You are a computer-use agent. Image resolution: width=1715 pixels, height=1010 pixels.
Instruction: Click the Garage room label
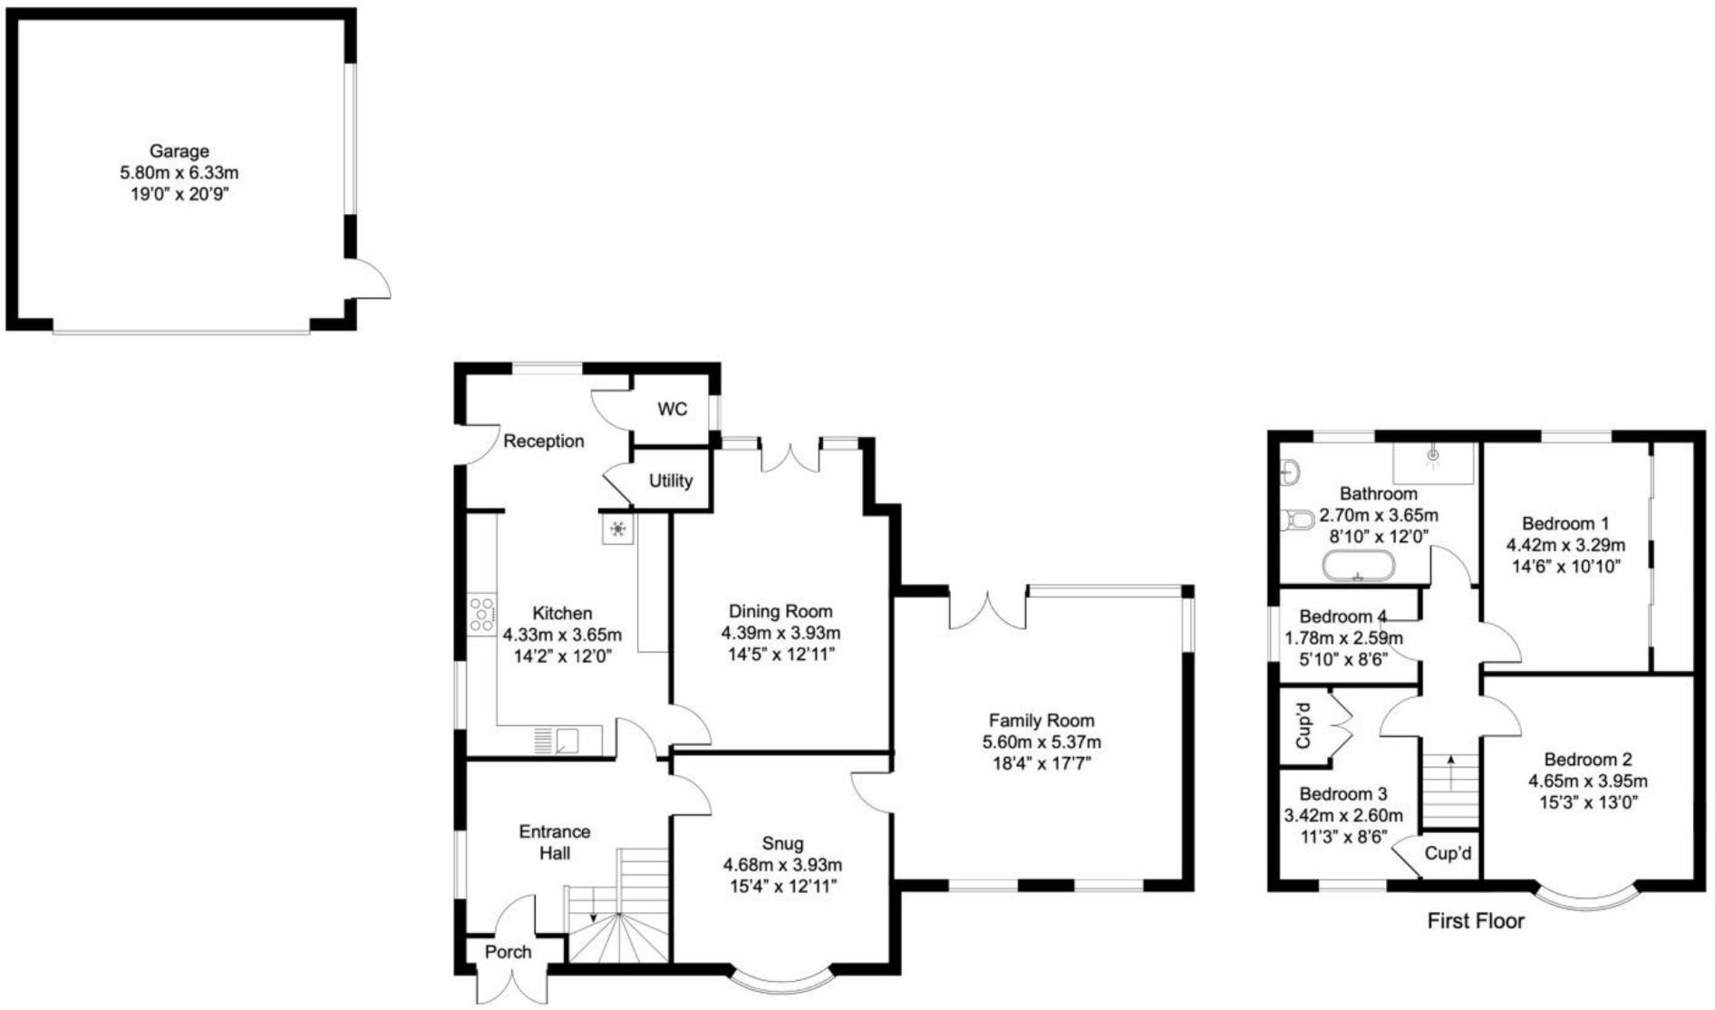tap(179, 151)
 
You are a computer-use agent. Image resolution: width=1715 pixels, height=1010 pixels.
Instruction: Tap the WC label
tap(672, 410)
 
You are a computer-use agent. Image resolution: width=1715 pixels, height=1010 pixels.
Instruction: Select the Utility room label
tap(671, 481)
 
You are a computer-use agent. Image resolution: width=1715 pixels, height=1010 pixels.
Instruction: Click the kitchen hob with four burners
tap(482, 614)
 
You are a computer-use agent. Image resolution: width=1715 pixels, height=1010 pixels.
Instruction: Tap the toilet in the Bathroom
tap(1298, 520)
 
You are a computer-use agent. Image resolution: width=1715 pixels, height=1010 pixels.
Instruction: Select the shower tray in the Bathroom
tap(1433, 462)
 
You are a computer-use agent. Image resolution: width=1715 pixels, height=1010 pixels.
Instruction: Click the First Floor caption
tap(1476, 922)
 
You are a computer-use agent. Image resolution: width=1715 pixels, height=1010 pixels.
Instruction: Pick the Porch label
tap(508, 952)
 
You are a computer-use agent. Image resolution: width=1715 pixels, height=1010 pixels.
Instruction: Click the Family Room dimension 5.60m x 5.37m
tap(1042, 743)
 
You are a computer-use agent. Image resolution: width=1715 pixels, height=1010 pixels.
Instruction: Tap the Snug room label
tap(782, 844)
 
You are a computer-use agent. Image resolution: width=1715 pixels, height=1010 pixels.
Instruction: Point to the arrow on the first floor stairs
tap(1450, 772)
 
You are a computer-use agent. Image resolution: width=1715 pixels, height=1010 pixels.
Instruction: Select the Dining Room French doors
tap(790, 456)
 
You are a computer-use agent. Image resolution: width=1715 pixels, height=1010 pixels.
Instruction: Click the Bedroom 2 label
tap(1587, 760)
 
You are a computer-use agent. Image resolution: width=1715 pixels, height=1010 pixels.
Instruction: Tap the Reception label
tap(543, 442)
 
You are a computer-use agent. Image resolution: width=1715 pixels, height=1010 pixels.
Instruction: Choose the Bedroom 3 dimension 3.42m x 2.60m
tap(1343, 816)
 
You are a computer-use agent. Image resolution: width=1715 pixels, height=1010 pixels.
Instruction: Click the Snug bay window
tap(781, 983)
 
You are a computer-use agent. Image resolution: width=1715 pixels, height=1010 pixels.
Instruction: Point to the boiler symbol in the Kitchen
tap(617, 529)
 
